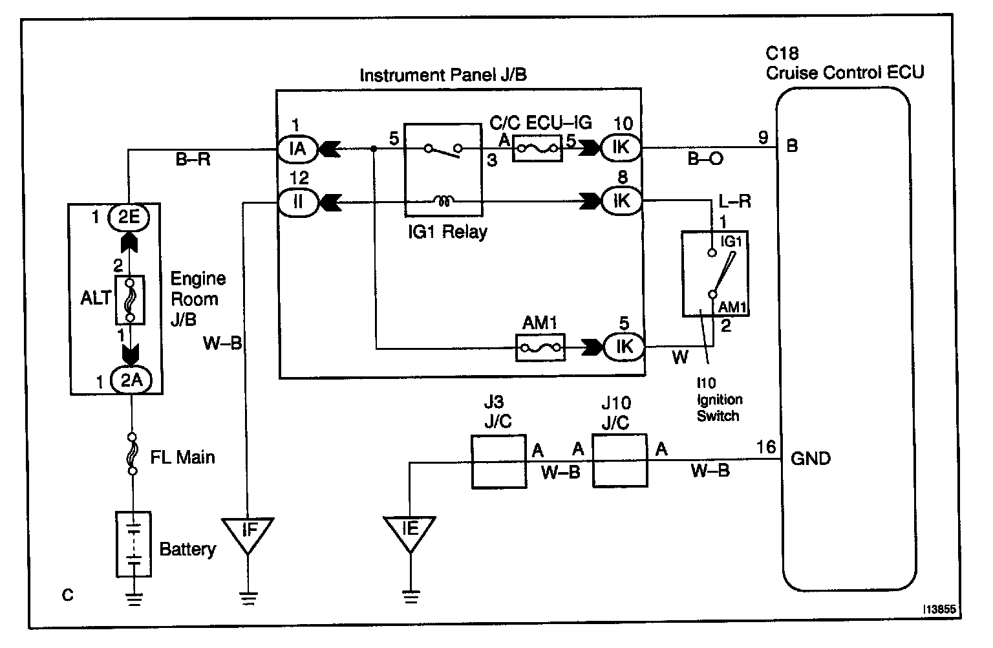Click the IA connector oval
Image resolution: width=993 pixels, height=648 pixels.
pyautogui.click(x=297, y=149)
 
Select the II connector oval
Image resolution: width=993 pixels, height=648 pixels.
pyautogui.click(x=297, y=202)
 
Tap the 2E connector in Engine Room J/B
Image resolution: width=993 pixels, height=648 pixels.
pyautogui.click(x=129, y=217)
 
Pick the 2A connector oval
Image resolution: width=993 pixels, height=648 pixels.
pyautogui.click(x=131, y=380)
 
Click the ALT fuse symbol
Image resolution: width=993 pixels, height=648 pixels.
pyautogui.click(x=130, y=300)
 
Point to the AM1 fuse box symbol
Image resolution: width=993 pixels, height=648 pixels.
pyautogui.click(x=540, y=348)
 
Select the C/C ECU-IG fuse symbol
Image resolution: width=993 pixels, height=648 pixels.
pyautogui.click(x=537, y=149)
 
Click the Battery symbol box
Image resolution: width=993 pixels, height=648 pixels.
pyautogui.click(x=133, y=545)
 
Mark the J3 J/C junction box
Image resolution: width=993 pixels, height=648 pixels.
pyautogui.click(x=499, y=462)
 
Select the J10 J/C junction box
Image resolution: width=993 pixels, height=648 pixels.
pyautogui.click(x=620, y=461)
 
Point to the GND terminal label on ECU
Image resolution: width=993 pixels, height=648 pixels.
pyautogui.click(x=811, y=459)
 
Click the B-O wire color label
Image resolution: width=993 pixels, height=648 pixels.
pyautogui.click(x=705, y=158)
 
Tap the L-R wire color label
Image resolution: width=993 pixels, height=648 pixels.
pyautogui.click(x=734, y=202)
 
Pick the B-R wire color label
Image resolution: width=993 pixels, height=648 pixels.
pyautogui.click(x=193, y=159)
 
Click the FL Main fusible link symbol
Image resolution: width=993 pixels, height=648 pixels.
pyautogui.click(x=132, y=454)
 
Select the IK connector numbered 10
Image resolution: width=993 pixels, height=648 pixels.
pyautogui.click(x=621, y=147)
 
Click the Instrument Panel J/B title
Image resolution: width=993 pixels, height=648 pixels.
pyautogui.click(x=443, y=75)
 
